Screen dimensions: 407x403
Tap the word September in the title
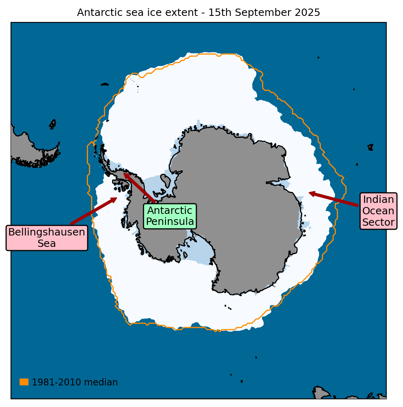point(258,13)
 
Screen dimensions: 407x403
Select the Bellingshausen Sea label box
point(47,238)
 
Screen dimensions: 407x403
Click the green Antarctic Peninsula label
point(170,216)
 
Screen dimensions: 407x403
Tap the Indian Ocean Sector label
point(379,211)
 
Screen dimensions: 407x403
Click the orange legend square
point(24,382)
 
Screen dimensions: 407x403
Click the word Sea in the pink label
point(47,244)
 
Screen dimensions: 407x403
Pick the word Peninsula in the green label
point(170,222)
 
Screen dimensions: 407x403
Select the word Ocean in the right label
point(379,211)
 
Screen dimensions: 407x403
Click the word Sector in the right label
point(379,222)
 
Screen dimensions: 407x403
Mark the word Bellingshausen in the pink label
point(47,232)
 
